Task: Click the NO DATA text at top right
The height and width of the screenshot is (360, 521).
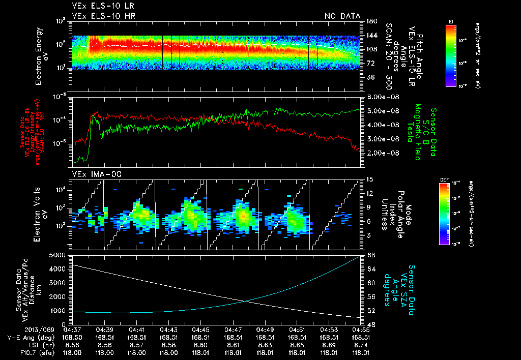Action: coord(342,16)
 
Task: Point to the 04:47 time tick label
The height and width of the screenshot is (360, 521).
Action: coord(233,329)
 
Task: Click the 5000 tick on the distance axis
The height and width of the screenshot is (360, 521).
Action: coord(60,254)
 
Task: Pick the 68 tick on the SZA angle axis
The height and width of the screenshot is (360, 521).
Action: coord(371,254)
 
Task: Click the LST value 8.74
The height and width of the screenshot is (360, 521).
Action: coord(361,344)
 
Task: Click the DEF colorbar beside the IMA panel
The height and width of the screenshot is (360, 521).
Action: coord(451,214)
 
